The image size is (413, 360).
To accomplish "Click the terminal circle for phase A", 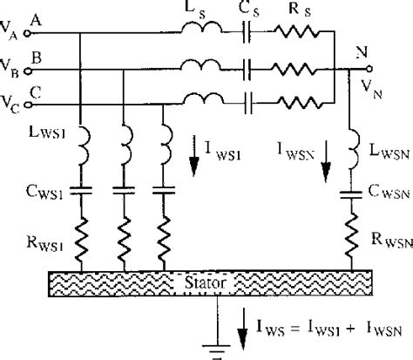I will pos(28,32).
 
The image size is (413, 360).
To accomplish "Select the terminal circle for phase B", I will pos(28,68).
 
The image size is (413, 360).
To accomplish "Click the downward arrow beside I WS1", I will pos(191,150).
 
